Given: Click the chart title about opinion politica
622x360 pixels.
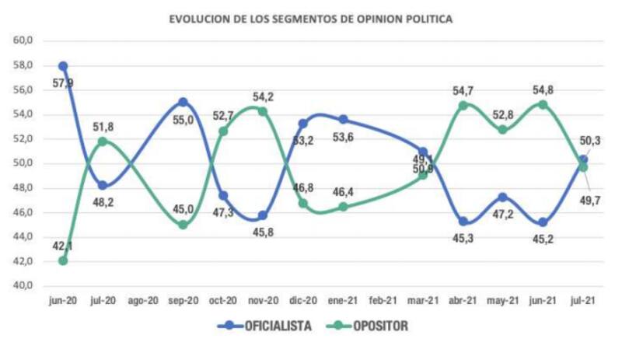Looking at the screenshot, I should [311, 18].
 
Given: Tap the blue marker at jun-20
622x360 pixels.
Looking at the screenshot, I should [63, 66].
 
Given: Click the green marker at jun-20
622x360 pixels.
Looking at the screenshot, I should [63, 260].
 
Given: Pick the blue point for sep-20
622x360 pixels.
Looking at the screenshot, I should [183, 102].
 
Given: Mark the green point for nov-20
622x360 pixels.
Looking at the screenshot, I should [263, 111].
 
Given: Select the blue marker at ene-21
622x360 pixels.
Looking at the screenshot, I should [343, 119].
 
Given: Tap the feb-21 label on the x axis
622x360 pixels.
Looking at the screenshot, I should [383, 299].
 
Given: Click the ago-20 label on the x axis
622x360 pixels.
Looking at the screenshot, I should [143, 299].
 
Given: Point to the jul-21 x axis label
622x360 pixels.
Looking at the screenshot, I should [583, 299].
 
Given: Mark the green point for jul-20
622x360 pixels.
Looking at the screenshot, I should [103, 142].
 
